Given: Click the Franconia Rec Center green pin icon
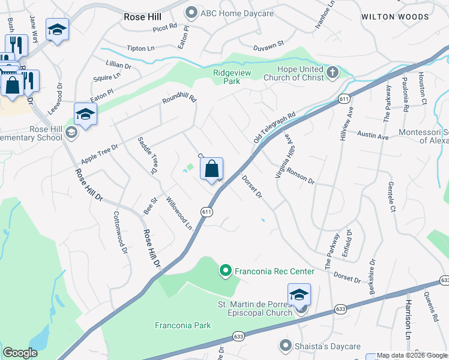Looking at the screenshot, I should pyautogui.click(x=226, y=271).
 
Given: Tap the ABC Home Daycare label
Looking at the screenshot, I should pyautogui.click(x=238, y=13).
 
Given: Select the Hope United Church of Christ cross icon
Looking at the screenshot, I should pyautogui.click(x=333, y=74).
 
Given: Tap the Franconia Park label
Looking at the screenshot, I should pyautogui.click(x=183, y=325).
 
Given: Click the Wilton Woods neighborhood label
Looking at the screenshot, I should pyautogui.click(x=395, y=17).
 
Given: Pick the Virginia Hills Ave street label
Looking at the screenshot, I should pyautogui.click(x=286, y=155).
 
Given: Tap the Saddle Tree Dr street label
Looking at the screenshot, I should pyautogui.click(x=148, y=156).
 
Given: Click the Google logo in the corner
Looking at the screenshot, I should pyautogui.click(x=20, y=353).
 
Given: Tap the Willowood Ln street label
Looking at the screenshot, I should pyautogui.click(x=179, y=214).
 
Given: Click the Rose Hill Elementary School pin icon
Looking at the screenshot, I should pyautogui.click(x=71, y=132).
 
